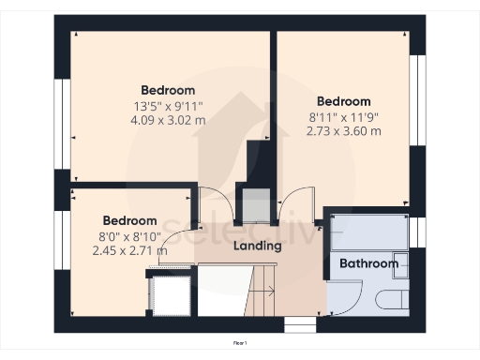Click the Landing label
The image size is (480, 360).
click(x=258, y=247)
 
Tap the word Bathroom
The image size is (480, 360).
click(x=368, y=263)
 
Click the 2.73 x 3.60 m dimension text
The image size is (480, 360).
click(x=344, y=131)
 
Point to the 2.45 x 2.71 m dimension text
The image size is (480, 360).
click(x=130, y=250)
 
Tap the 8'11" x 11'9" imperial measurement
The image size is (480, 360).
click(x=344, y=117)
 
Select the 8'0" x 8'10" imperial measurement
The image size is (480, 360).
click(x=130, y=236)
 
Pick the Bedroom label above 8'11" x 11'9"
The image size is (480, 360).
click(x=344, y=101)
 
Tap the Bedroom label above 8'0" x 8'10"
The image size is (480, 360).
click(x=130, y=221)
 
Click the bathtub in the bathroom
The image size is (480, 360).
click(x=367, y=232)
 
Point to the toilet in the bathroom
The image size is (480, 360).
click(x=388, y=300)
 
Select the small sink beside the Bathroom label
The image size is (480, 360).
click(x=400, y=263)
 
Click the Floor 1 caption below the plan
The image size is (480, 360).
click(x=240, y=344)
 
